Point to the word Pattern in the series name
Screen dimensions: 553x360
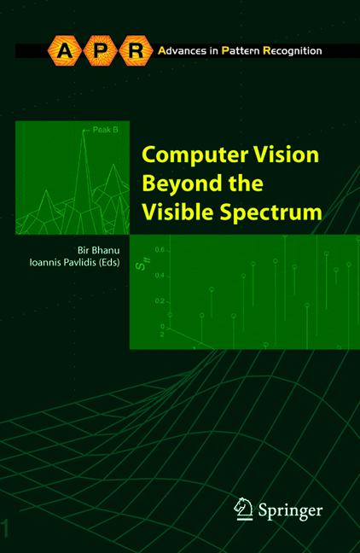coord(239,51)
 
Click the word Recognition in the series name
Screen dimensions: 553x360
coord(292,51)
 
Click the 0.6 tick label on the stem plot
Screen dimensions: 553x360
coord(159,249)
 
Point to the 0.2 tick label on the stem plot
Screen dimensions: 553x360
coord(159,301)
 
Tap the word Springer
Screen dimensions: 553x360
coord(289,510)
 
